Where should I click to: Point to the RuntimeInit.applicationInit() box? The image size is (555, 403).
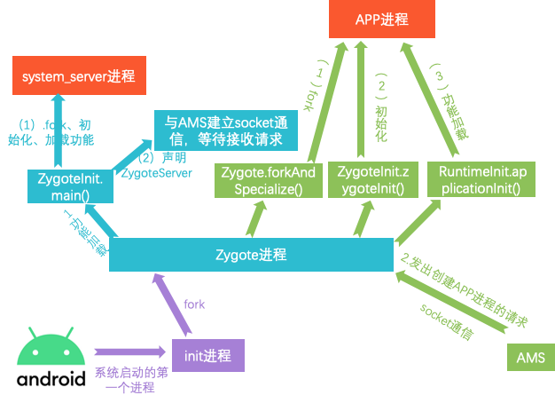[474, 180]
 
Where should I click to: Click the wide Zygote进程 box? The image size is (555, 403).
[251, 255]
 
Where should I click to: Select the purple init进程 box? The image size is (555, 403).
[207, 356]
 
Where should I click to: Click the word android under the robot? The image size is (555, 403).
[51, 378]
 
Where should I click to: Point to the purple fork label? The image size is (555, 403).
[194, 304]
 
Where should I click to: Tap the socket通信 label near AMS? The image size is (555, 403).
[448, 320]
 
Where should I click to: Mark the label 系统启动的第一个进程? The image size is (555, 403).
[131, 381]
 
